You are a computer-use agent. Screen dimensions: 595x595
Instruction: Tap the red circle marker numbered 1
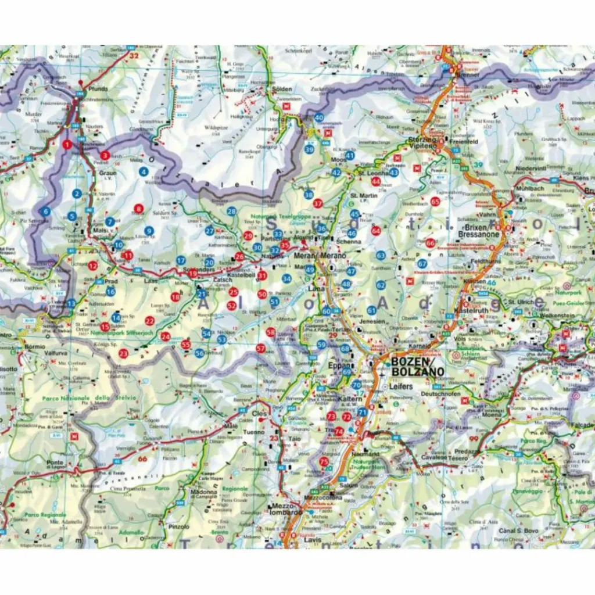[67, 144]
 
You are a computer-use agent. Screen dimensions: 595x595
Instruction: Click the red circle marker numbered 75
[324, 462]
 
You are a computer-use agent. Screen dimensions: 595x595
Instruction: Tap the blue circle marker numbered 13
[71, 303]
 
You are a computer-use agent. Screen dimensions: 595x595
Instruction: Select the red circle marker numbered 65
[435, 202]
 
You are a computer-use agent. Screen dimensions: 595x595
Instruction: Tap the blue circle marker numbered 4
[143, 171]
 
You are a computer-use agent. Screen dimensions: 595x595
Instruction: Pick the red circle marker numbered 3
[105, 155]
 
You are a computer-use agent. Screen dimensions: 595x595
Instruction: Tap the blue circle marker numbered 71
[362, 412]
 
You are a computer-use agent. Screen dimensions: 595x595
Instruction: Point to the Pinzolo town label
[178, 526]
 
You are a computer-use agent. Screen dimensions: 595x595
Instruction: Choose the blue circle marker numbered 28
[232, 212]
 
